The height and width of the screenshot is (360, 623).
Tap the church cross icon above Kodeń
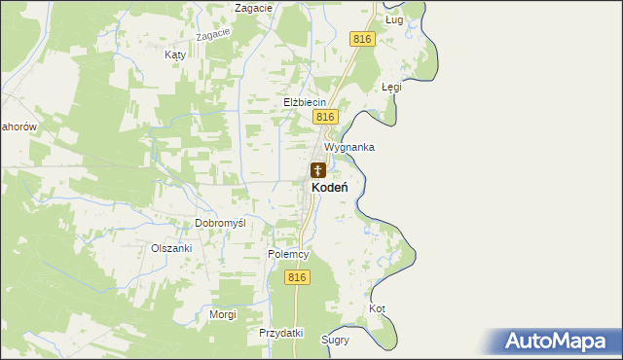click(x=318, y=170)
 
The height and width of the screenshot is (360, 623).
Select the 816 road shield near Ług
click(x=361, y=38)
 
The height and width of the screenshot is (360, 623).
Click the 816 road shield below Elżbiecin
click(x=325, y=117)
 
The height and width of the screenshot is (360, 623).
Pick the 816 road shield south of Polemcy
click(x=298, y=277)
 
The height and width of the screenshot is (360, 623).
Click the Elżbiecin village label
click(x=304, y=101)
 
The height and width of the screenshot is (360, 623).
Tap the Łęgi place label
click(x=391, y=87)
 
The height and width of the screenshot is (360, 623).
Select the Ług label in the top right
click(x=394, y=19)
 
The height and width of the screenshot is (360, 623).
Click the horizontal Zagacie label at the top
click(x=252, y=8)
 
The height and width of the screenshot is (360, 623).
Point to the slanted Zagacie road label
click(x=212, y=35)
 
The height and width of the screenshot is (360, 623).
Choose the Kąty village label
click(x=175, y=55)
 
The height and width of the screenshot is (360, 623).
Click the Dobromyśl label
click(x=220, y=223)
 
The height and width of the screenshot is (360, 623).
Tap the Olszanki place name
click(x=171, y=248)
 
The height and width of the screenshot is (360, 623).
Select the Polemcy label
click(x=288, y=254)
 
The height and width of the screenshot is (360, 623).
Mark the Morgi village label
click(x=223, y=314)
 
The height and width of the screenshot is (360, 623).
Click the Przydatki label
click(x=281, y=333)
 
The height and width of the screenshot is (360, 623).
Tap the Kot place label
click(x=378, y=309)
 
